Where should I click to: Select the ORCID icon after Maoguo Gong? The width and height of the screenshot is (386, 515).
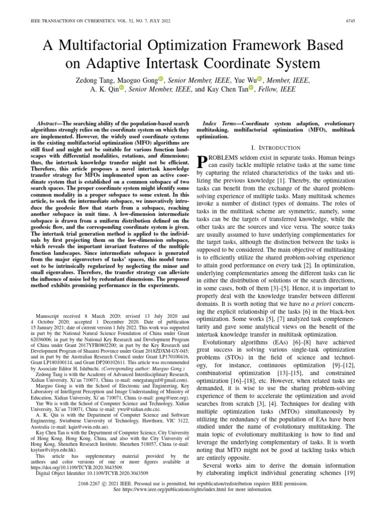click(x=161, y=78)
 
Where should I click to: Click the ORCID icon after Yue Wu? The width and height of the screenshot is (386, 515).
click(x=260, y=78)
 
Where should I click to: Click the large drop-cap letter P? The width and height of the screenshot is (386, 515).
click(x=201, y=161)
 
